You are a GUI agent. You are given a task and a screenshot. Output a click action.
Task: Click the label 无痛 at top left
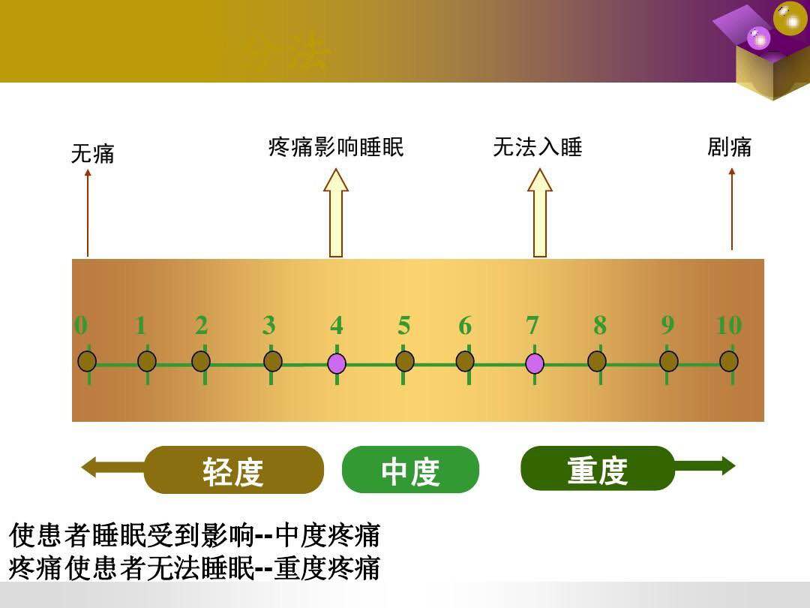(x=92, y=155)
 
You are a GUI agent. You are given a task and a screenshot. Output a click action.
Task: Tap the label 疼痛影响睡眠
(x=336, y=147)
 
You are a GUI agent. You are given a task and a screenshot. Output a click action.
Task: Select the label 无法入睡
(x=537, y=147)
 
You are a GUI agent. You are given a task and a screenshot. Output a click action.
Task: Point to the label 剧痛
(x=729, y=147)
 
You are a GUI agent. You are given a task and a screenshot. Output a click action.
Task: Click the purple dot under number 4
(x=337, y=363)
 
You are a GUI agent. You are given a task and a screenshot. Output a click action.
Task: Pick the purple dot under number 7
(x=534, y=363)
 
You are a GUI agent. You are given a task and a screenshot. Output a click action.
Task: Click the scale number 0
(x=81, y=326)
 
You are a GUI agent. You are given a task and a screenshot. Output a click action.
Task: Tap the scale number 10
(x=728, y=326)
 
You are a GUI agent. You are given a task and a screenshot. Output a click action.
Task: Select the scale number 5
(x=404, y=326)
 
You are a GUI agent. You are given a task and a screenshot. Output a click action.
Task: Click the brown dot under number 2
(x=201, y=361)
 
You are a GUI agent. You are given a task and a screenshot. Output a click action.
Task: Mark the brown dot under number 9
(x=668, y=361)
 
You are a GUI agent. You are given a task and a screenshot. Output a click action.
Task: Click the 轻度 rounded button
(x=233, y=471)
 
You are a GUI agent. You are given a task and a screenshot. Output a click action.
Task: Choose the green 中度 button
(x=410, y=471)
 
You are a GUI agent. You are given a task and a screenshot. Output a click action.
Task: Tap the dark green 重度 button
(x=598, y=468)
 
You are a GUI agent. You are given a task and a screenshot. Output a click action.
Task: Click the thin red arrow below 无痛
(x=88, y=213)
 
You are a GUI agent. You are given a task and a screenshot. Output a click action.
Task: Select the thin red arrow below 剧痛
(x=731, y=209)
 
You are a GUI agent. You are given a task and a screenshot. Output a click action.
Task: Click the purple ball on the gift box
(x=759, y=38)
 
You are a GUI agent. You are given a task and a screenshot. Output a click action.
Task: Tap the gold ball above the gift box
(x=790, y=18)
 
